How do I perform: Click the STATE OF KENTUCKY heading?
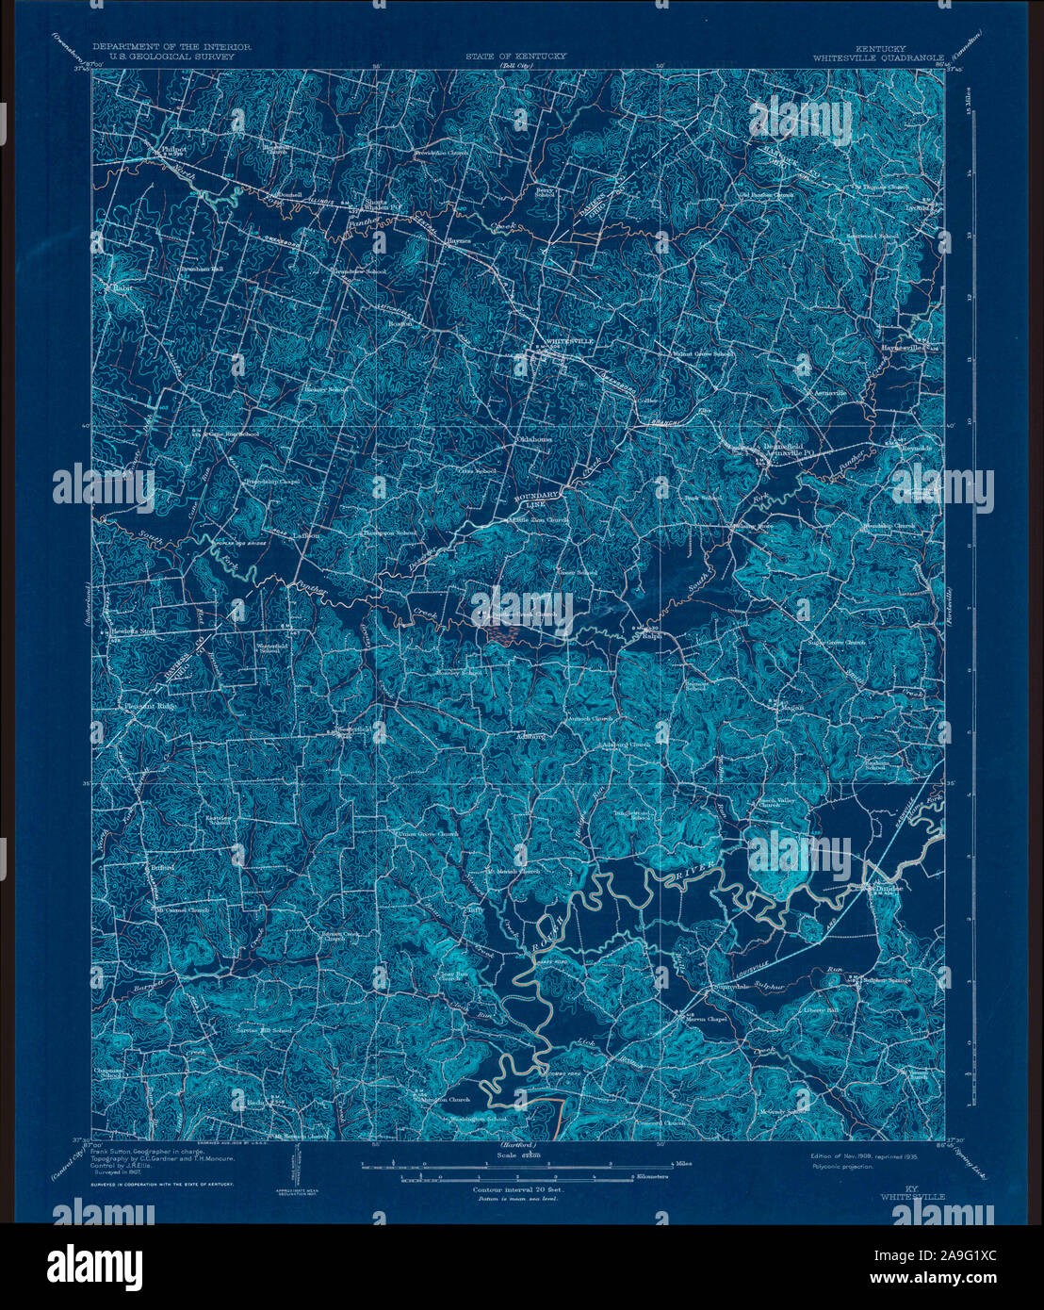[x=515, y=57]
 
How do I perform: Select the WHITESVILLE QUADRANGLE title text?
[x=880, y=57]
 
